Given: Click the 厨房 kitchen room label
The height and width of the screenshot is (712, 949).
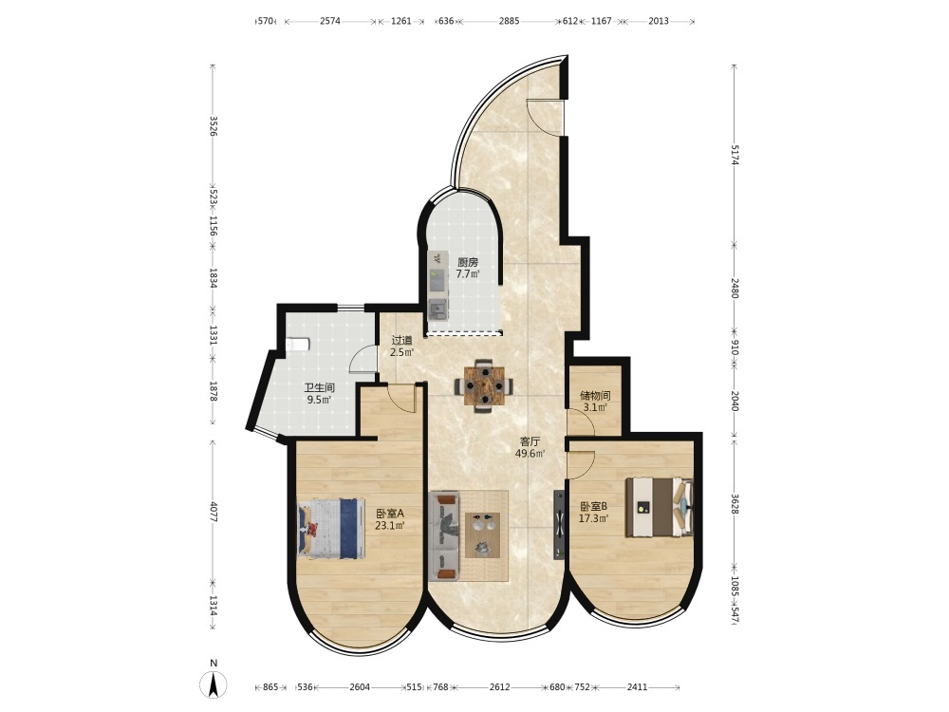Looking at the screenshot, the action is [468, 262].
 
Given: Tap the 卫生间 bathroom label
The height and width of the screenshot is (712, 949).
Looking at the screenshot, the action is [319, 387].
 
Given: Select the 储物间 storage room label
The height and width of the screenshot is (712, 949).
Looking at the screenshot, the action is [595, 395].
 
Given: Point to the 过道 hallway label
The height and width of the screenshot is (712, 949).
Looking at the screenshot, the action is [401, 340].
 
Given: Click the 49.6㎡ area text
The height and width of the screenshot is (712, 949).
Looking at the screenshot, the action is [530, 454].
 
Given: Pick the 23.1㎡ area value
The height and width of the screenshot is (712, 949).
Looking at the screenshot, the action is [389, 525].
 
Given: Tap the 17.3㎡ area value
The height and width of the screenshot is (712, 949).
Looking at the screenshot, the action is [593, 517].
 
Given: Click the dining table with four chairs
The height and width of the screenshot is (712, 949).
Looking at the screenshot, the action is [484, 385].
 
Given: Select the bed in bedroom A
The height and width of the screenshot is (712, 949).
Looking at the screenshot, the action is [330, 529].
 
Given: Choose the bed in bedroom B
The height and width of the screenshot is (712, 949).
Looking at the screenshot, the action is [660, 507].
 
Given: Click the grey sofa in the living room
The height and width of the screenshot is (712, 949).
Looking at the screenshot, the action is [445, 536].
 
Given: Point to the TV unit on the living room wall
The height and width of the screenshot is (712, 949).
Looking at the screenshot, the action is [559, 524].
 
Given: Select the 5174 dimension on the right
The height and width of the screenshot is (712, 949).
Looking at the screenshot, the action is [735, 155].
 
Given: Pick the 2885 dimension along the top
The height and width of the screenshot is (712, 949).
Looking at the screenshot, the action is [509, 21].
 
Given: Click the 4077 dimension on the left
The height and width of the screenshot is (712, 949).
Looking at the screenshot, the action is [213, 512].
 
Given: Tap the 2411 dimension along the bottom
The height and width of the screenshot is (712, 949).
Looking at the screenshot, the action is [637, 686].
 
